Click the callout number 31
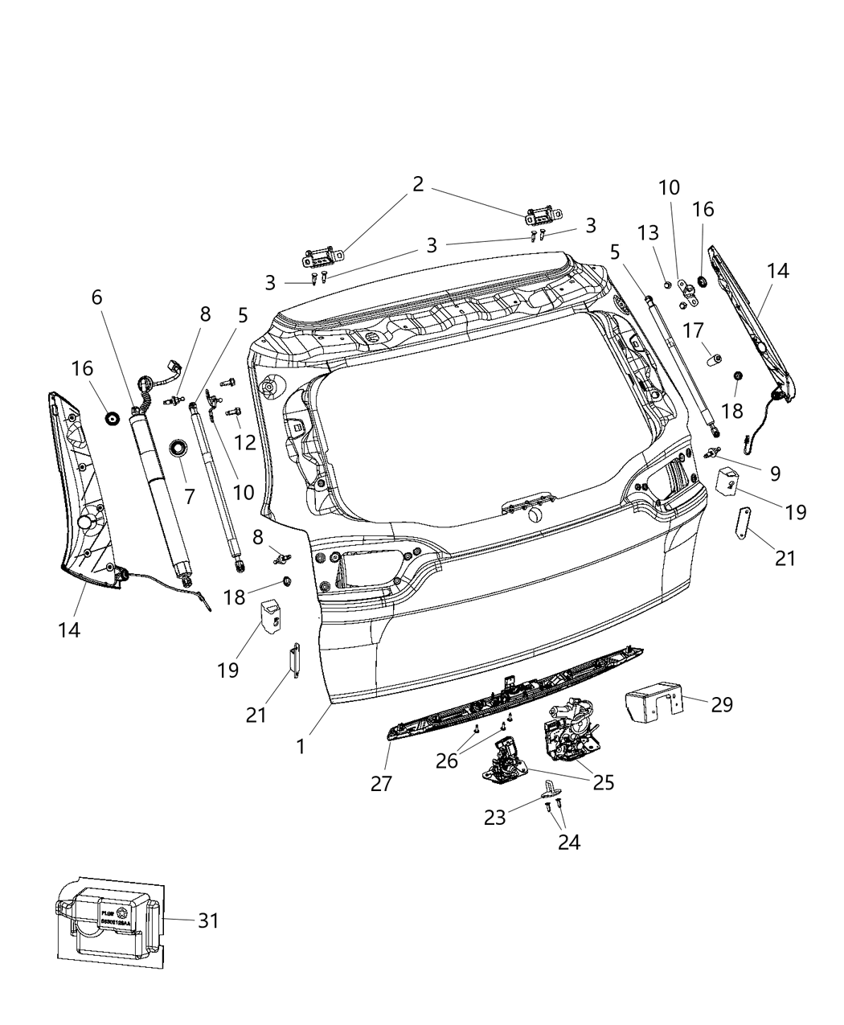click(x=208, y=920)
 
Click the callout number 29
click(x=723, y=704)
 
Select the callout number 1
click(x=301, y=747)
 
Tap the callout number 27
click(x=381, y=783)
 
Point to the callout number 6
click(x=96, y=297)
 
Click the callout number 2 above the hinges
click(x=418, y=184)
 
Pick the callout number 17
click(x=694, y=330)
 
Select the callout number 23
click(x=495, y=817)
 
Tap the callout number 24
click(x=568, y=841)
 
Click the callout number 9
click(x=775, y=474)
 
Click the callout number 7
click(x=190, y=496)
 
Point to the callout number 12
click(x=245, y=441)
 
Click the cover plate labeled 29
click(x=653, y=697)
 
